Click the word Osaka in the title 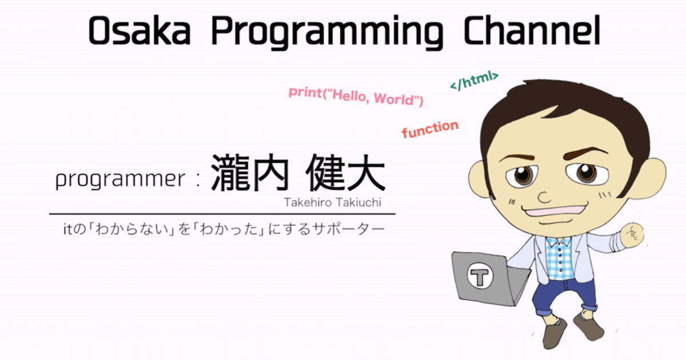coord(139,31)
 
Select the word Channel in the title coord(532,31)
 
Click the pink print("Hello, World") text coord(356,96)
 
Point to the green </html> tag coord(474,81)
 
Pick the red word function coord(430,129)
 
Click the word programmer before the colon coord(121,179)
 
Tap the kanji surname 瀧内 coord(250,173)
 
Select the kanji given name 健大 coord(345,173)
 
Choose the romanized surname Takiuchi coord(358,202)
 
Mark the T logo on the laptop coord(480,275)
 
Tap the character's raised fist coord(632,235)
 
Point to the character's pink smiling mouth coord(555,211)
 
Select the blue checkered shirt coord(560,259)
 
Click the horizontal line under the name coord(222,214)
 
